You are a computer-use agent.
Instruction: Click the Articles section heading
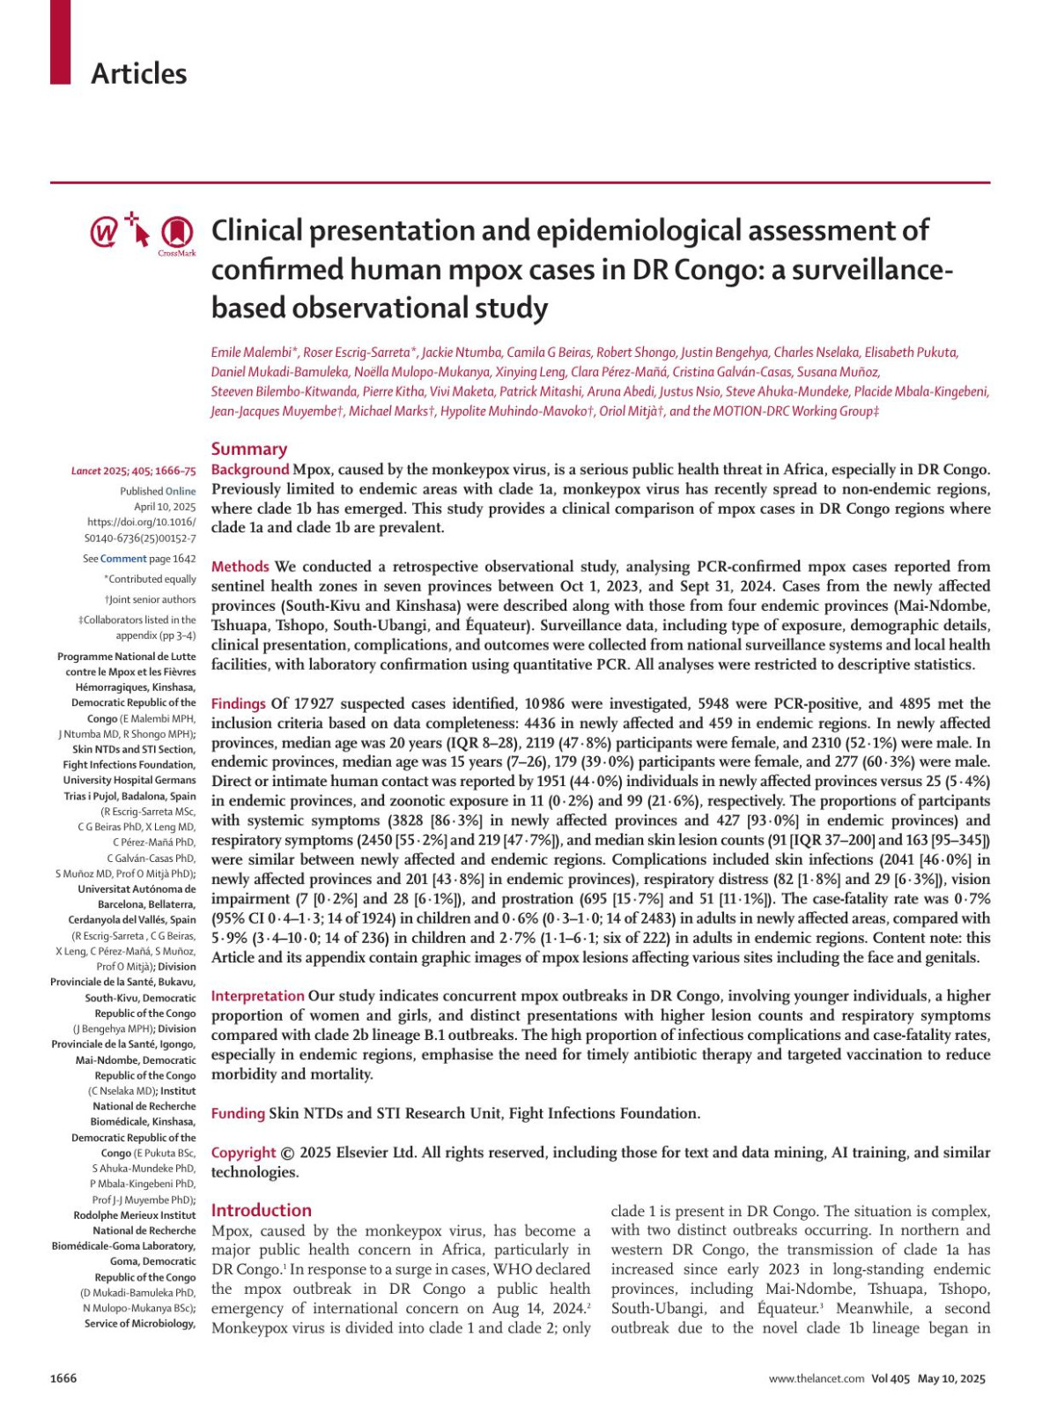point(138,73)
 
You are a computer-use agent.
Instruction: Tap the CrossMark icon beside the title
point(177,233)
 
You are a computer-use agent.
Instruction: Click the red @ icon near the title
point(104,233)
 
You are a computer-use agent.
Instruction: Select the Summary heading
point(249,449)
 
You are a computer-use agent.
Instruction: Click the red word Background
point(249,470)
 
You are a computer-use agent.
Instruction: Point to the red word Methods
point(240,567)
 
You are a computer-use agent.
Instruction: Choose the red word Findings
point(238,703)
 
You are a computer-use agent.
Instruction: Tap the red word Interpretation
point(257,996)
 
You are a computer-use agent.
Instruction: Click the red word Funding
point(238,1113)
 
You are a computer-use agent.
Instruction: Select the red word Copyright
point(243,1153)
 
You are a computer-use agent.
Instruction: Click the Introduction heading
point(261,1210)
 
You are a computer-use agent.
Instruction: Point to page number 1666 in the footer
point(63,1378)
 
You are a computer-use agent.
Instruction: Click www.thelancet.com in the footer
point(816,1379)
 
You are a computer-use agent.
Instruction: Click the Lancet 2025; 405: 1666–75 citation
point(134,472)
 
